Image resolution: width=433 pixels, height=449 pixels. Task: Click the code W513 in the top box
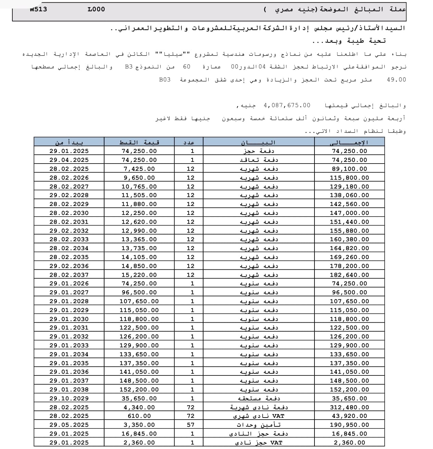38,9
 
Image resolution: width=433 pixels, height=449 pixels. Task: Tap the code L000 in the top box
96,9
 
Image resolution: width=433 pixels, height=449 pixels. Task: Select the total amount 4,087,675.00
287,105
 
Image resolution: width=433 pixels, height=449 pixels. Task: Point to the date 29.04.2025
69,160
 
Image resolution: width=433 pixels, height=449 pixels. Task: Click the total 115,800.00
349,178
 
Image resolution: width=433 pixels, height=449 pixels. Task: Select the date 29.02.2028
69,195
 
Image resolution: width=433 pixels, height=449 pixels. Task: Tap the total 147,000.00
349,213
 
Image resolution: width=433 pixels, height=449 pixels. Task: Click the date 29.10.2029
69,398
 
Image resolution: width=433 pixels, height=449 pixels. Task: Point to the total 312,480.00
349,407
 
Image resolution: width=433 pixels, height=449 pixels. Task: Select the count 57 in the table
190,425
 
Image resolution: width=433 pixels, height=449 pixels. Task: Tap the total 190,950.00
349,425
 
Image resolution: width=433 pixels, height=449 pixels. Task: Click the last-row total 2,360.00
349,442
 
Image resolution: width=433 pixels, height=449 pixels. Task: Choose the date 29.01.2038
69,389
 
